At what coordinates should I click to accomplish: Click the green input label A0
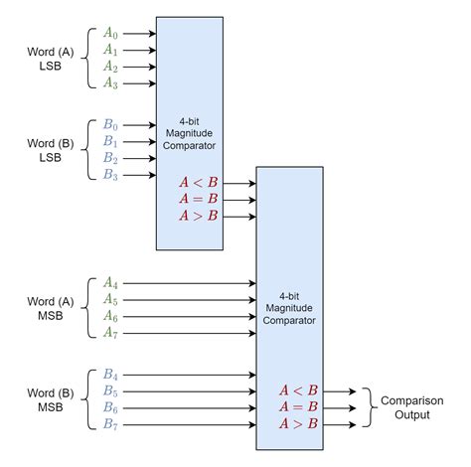[110, 32]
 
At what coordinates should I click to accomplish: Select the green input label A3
[110, 84]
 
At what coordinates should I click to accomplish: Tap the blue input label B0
[110, 125]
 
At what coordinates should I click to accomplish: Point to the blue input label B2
[110, 159]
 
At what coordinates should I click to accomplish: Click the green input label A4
[110, 282]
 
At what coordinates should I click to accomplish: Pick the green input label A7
[110, 333]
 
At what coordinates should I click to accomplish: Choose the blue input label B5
[110, 391]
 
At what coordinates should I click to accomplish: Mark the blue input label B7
[110, 426]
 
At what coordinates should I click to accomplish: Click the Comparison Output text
[406, 407]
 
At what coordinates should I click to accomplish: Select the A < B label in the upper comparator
[198, 181]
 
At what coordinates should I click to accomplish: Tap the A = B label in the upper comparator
[198, 198]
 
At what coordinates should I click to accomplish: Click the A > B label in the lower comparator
[299, 424]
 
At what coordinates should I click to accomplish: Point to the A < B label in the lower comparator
[299, 390]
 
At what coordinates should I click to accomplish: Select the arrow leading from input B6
[189, 408]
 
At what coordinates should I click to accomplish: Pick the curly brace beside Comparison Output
[364, 407]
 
